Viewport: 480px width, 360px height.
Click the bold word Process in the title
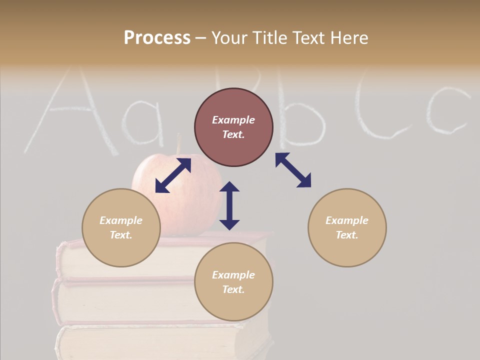157,38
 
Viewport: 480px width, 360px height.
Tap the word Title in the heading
268,38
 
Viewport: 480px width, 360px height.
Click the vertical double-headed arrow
229,205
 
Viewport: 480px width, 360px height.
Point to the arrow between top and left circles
173,175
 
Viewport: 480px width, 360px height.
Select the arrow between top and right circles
293,170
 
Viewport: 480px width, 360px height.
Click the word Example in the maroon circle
233,120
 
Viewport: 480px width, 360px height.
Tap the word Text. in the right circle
347,235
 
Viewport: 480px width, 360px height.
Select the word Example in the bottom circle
233,275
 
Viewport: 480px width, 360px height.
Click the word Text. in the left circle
121,235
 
